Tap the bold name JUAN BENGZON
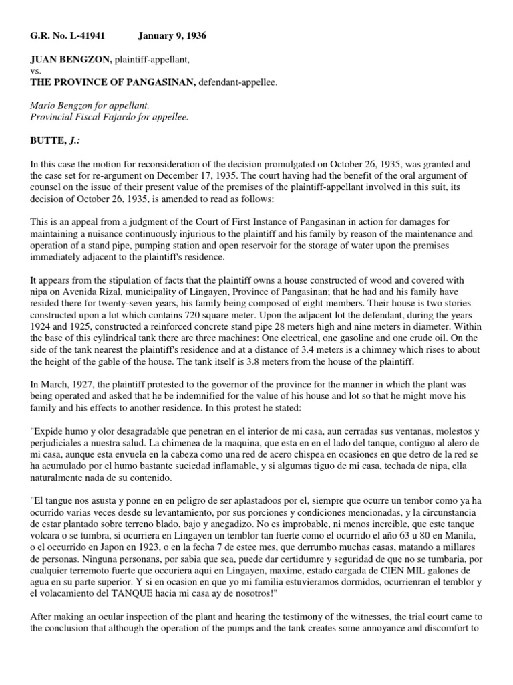click(65, 60)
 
